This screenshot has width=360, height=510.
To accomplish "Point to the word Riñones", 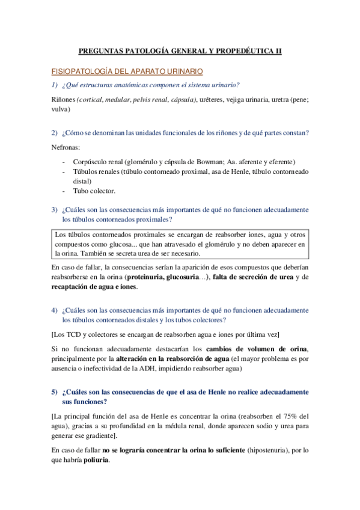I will pyautogui.click(x=64, y=99).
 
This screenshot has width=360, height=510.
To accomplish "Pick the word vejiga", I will pyautogui.click(x=242, y=99).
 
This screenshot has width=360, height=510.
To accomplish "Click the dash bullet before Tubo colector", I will pyautogui.click(x=64, y=191).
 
